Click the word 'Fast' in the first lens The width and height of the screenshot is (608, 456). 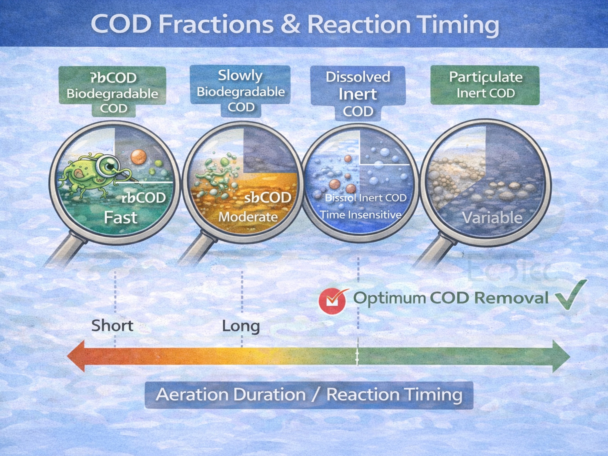(120, 218)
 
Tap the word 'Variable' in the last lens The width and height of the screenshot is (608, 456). (492, 218)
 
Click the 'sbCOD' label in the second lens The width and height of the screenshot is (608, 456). (267, 198)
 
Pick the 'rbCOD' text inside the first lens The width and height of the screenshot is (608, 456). (143, 198)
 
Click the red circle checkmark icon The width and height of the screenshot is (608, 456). (332, 301)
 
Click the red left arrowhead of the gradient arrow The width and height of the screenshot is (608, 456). (77, 356)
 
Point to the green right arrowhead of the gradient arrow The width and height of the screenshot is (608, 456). (561, 357)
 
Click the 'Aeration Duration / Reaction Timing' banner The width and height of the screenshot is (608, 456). (309, 395)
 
